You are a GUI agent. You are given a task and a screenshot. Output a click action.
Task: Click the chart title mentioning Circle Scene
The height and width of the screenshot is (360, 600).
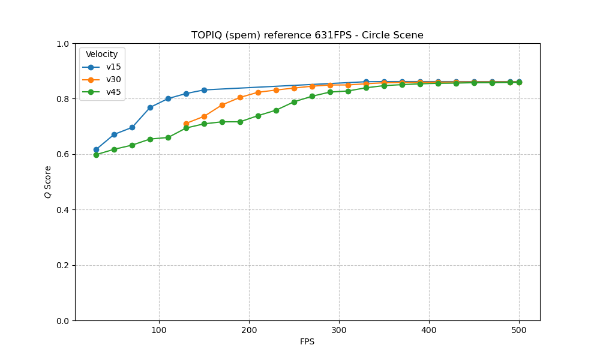click(307, 35)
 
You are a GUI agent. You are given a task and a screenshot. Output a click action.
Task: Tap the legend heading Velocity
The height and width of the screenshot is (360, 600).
click(101, 55)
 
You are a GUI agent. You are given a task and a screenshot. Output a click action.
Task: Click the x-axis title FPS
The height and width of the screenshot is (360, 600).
click(307, 342)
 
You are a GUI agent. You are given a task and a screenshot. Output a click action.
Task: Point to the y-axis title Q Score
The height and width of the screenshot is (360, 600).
click(48, 182)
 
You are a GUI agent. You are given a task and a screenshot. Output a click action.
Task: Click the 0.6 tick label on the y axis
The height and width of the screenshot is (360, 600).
click(63, 154)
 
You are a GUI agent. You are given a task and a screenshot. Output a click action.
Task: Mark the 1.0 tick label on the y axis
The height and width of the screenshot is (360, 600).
click(63, 44)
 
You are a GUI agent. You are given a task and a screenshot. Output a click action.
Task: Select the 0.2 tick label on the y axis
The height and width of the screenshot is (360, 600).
click(63, 265)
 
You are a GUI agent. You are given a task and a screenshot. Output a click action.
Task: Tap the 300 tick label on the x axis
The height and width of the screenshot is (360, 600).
click(339, 330)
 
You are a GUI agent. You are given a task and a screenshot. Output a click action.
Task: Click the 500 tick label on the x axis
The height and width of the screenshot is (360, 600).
click(519, 330)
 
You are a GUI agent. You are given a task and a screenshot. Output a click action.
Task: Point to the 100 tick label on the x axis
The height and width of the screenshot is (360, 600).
click(159, 330)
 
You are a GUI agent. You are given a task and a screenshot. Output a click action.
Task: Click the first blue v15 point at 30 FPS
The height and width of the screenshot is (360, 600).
click(96, 149)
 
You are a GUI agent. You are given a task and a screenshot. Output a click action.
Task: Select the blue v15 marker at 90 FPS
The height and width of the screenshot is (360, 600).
click(150, 107)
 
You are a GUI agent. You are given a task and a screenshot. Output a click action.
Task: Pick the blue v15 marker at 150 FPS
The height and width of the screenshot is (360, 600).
click(204, 90)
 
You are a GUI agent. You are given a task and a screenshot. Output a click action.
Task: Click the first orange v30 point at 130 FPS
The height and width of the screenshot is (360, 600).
click(186, 124)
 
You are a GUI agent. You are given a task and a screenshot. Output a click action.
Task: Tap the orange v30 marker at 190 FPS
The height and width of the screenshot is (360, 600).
click(240, 97)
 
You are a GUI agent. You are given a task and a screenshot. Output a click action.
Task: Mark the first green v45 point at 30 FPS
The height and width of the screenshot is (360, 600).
click(96, 155)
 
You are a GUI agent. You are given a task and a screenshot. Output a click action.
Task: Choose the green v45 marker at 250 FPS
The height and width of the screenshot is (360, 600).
click(294, 102)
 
